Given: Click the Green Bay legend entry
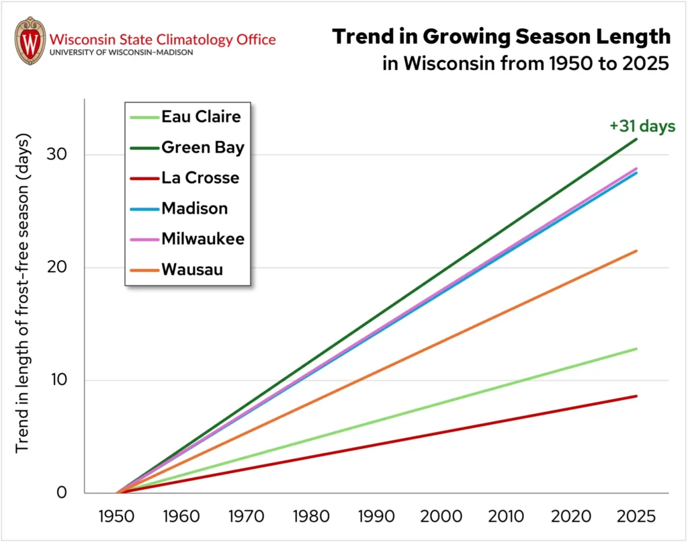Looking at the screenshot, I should click(202, 147).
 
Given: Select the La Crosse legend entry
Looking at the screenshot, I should click(200, 178).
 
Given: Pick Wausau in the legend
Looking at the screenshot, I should click(192, 270).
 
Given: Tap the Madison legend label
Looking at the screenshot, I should click(194, 208).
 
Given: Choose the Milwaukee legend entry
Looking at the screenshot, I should click(202, 239).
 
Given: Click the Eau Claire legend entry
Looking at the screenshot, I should click(201, 117).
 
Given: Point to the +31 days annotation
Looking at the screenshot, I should click(643, 126).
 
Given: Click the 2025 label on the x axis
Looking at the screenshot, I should click(635, 517).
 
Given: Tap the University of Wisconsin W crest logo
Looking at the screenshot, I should click(30, 40).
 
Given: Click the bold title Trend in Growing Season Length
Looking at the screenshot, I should click(501, 37).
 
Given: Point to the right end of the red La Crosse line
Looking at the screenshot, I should click(636, 396).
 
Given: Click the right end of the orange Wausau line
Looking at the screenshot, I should click(636, 251).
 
